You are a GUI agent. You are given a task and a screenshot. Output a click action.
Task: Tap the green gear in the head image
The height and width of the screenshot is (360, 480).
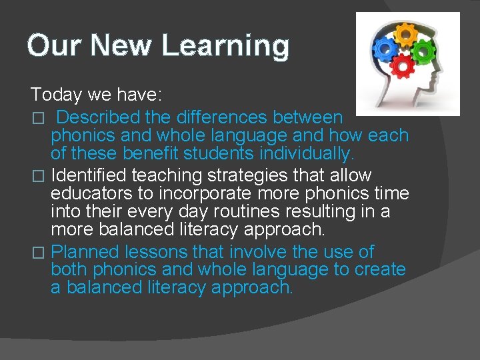pos(422,50)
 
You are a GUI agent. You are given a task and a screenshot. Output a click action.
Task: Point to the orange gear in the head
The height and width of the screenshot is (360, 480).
pos(406,35)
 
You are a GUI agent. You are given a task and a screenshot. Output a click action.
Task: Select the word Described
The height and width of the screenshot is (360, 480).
pos(98,118)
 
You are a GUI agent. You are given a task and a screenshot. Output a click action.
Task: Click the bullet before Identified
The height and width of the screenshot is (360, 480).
pos(38,176)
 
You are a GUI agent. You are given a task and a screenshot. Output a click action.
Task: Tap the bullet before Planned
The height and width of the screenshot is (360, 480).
pos(38,253)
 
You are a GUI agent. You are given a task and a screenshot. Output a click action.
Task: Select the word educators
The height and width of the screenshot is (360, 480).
pos(93,193)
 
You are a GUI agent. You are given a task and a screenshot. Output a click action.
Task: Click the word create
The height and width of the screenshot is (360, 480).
pos(381,270)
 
